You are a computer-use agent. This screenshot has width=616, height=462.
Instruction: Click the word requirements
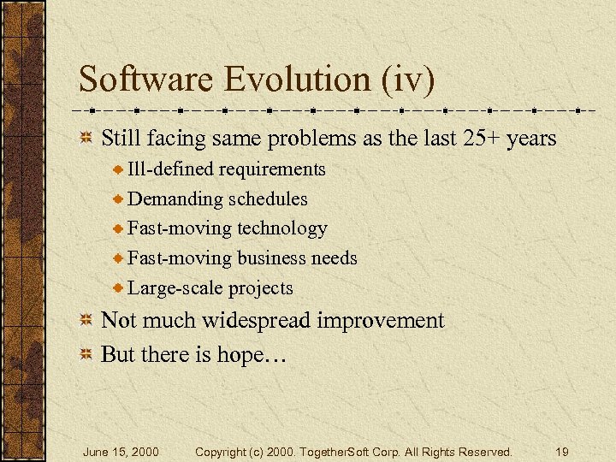coord(272,169)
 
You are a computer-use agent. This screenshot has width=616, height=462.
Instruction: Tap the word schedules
coord(268,199)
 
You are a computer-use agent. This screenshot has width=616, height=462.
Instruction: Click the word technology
coord(281,228)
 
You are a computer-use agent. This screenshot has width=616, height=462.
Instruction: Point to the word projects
coord(259,288)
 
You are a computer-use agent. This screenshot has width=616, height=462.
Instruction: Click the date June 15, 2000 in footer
coord(121,452)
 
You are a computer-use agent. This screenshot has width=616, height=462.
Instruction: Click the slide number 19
coord(561,452)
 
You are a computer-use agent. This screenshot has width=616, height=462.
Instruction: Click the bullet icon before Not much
coord(86,322)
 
